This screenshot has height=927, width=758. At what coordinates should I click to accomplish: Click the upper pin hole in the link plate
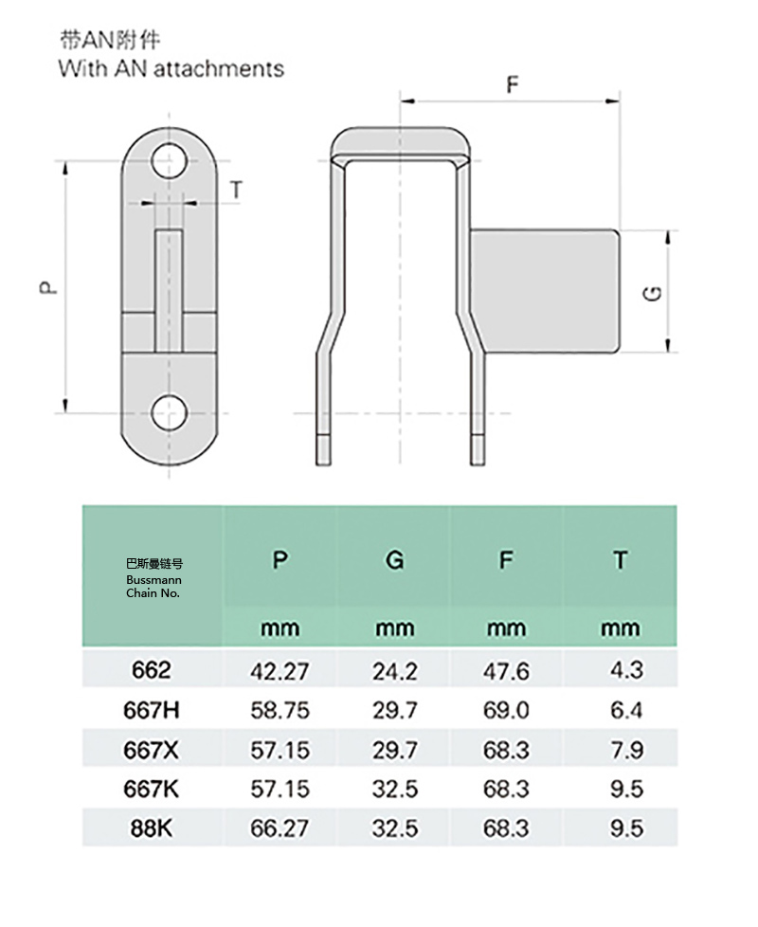(169, 161)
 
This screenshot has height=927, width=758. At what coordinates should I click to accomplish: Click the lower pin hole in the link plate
(169, 412)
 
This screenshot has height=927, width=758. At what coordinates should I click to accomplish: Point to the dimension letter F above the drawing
(513, 84)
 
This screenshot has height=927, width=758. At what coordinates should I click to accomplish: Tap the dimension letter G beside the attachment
(652, 293)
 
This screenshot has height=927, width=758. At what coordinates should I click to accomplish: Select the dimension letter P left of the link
(48, 287)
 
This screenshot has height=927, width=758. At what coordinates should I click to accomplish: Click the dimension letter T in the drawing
(236, 190)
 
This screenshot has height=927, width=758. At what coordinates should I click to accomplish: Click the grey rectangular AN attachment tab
(545, 291)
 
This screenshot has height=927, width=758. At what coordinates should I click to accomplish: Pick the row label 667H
(152, 709)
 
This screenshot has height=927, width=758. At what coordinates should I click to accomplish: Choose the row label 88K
(152, 828)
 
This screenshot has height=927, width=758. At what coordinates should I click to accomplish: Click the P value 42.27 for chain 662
(280, 671)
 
